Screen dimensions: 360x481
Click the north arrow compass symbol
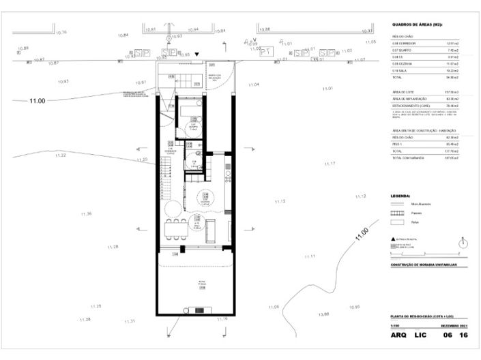(x=464, y=243)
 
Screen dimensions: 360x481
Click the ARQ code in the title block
(x=398, y=336)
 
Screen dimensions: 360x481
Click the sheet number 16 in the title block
(x=464, y=336)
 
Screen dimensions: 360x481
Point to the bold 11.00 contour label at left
(x=37, y=101)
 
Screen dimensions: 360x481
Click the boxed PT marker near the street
(x=267, y=51)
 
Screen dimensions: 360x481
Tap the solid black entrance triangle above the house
(x=197, y=54)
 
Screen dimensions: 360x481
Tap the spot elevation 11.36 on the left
(x=85, y=214)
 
